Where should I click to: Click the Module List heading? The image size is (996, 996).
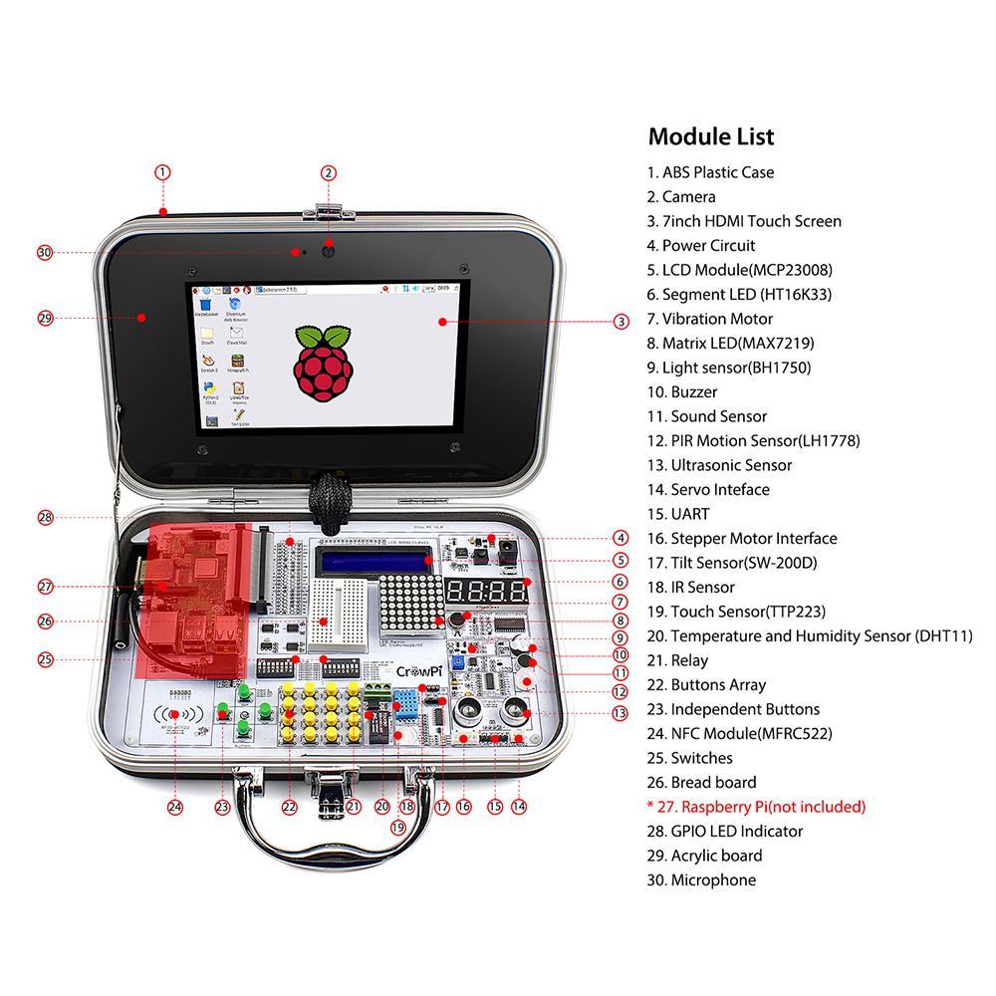coord(711,136)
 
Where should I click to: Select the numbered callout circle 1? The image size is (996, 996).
coord(163,171)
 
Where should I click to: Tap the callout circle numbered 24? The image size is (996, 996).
coord(175,807)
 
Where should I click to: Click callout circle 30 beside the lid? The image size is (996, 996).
coord(44,252)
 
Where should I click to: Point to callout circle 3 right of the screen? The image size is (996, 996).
coord(621,321)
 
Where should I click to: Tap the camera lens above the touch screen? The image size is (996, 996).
coord(327,250)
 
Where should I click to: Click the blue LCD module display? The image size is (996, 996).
coord(374,564)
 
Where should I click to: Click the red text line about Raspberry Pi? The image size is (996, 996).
coord(756,807)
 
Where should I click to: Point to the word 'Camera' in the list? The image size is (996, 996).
coord(688,197)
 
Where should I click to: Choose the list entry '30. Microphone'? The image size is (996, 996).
coord(701,880)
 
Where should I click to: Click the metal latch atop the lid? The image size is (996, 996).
coord(330,211)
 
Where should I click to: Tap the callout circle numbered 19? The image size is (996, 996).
coord(398,826)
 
